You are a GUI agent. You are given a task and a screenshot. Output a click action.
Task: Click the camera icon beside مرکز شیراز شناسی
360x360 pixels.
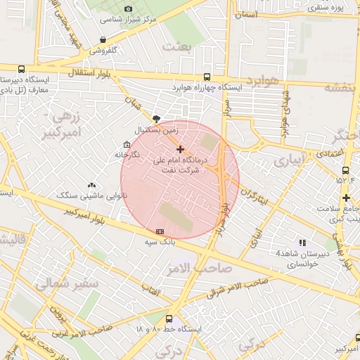coord(128,8)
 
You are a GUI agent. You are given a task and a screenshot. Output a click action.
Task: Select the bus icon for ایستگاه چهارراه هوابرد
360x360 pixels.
coord(206,77)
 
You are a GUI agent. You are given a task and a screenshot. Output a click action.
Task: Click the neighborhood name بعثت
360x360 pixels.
coord(176,46)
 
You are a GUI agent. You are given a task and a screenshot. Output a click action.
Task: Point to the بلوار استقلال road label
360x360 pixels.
coord(85,72)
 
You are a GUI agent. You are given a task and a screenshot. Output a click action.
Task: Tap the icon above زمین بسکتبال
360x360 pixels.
coord(156,119)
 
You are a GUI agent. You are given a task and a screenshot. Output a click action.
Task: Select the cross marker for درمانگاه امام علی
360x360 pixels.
coord(181,149)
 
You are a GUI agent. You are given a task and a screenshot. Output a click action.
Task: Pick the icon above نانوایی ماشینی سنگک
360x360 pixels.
coord(91,185)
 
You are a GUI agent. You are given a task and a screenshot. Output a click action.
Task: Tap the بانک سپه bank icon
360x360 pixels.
coord(160,231)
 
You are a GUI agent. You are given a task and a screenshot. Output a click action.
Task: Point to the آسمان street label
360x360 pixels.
coord(247,14)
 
